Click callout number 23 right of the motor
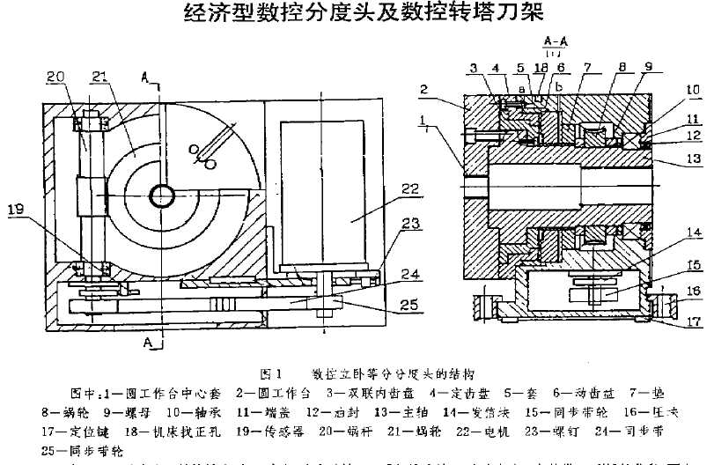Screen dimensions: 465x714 point(409,225)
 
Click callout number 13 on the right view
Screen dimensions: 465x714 point(695,159)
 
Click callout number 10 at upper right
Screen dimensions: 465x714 point(695,89)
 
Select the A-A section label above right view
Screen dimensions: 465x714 point(555,41)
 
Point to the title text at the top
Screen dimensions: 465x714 point(357,12)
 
